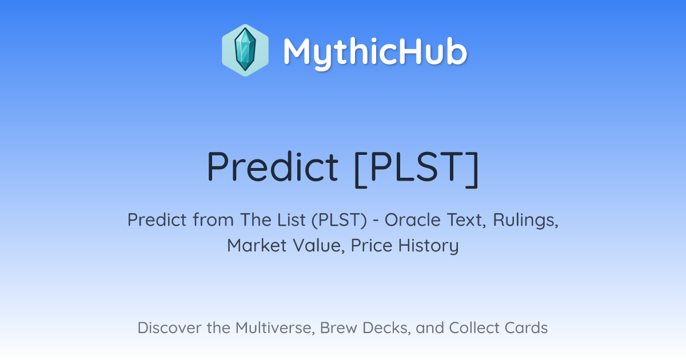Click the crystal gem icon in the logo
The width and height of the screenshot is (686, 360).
[245, 50]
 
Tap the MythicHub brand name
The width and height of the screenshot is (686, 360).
[375, 52]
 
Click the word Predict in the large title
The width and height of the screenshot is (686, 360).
[273, 167]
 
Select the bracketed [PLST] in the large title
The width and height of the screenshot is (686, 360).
[417, 169]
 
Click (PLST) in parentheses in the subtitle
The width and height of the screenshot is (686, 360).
[339, 220]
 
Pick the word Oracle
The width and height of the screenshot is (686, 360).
[413, 220]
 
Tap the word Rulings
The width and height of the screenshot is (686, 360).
[526, 221]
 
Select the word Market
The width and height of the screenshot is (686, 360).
[257, 246]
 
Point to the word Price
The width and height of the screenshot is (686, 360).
[372, 246]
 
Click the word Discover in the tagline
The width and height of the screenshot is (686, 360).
[169, 327]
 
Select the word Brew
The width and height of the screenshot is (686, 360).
[338, 327]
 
